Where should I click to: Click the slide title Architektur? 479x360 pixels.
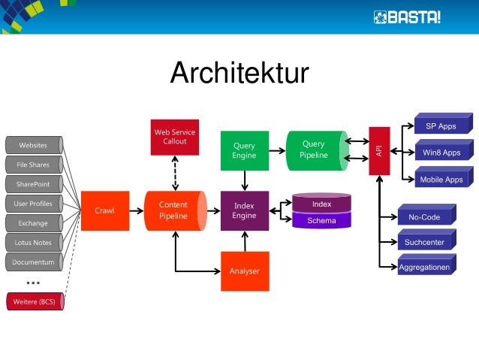click(x=239, y=74)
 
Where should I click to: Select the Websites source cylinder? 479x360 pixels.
click(x=33, y=144)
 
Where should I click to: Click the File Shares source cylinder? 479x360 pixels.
click(x=33, y=164)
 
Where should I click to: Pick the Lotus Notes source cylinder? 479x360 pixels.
click(x=33, y=242)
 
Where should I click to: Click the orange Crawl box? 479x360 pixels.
click(x=104, y=210)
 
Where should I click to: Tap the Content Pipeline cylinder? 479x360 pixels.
click(x=173, y=210)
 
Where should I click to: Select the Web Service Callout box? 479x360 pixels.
click(x=174, y=136)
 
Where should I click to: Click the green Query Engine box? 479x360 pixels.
click(x=244, y=150)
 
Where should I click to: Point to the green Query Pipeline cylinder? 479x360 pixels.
click(x=315, y=150)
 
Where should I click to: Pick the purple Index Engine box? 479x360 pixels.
click(x=244, y=210)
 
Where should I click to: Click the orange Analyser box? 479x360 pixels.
click(x=244, y=271)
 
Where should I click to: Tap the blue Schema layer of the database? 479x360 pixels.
click(x=321, y=220)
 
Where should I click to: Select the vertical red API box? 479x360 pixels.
click(x=379, y=150)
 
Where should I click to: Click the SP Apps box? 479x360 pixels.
click(x=441, y=126)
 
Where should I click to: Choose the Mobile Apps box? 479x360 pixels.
click(x=441, y=179)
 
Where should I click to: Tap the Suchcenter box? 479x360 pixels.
click(x=425, y=242)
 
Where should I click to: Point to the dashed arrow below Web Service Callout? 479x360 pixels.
click(x=174, y=172)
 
